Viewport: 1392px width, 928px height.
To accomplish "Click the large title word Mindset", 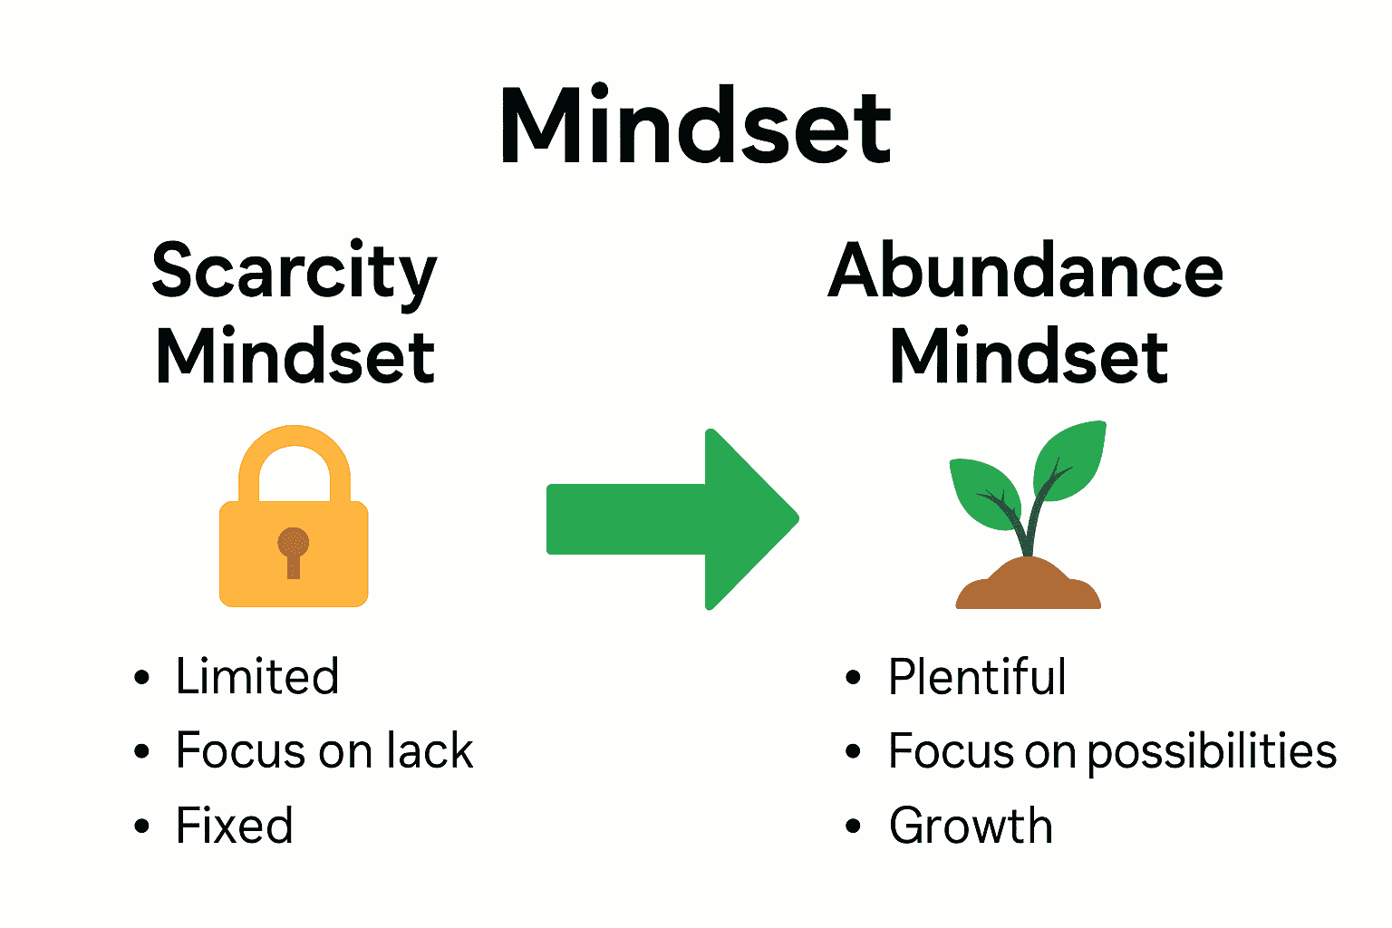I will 695,127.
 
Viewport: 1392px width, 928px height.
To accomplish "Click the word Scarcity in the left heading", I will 294,271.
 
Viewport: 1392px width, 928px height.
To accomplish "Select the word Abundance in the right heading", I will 1026,271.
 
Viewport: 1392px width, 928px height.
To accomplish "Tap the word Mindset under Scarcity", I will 295,356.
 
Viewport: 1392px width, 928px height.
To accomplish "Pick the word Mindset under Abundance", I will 1029,356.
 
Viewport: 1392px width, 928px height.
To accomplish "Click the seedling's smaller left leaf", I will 983,494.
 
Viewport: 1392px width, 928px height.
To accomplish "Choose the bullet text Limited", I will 257,677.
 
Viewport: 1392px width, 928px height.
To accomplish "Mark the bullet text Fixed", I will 234,826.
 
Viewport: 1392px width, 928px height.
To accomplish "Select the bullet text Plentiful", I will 977,677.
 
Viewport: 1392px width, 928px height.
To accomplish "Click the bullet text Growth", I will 971,826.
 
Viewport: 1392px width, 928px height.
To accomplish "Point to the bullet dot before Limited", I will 140,677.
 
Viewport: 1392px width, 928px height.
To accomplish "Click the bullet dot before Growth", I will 853,826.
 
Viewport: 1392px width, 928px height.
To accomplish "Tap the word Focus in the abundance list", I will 951,751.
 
